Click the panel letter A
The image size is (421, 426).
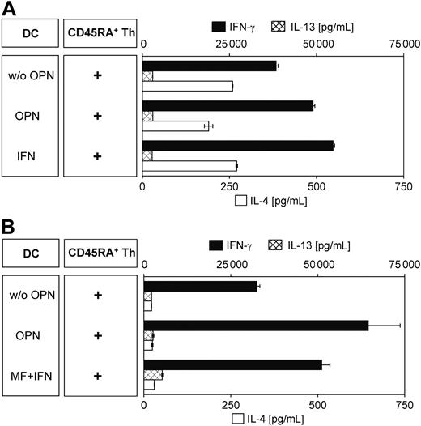click(x=9, y=9)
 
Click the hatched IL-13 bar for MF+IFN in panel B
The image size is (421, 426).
click(x=153, y=374)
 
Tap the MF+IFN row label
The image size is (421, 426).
click(x=30, y=376)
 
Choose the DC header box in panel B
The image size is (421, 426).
click(x=30, y=253)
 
